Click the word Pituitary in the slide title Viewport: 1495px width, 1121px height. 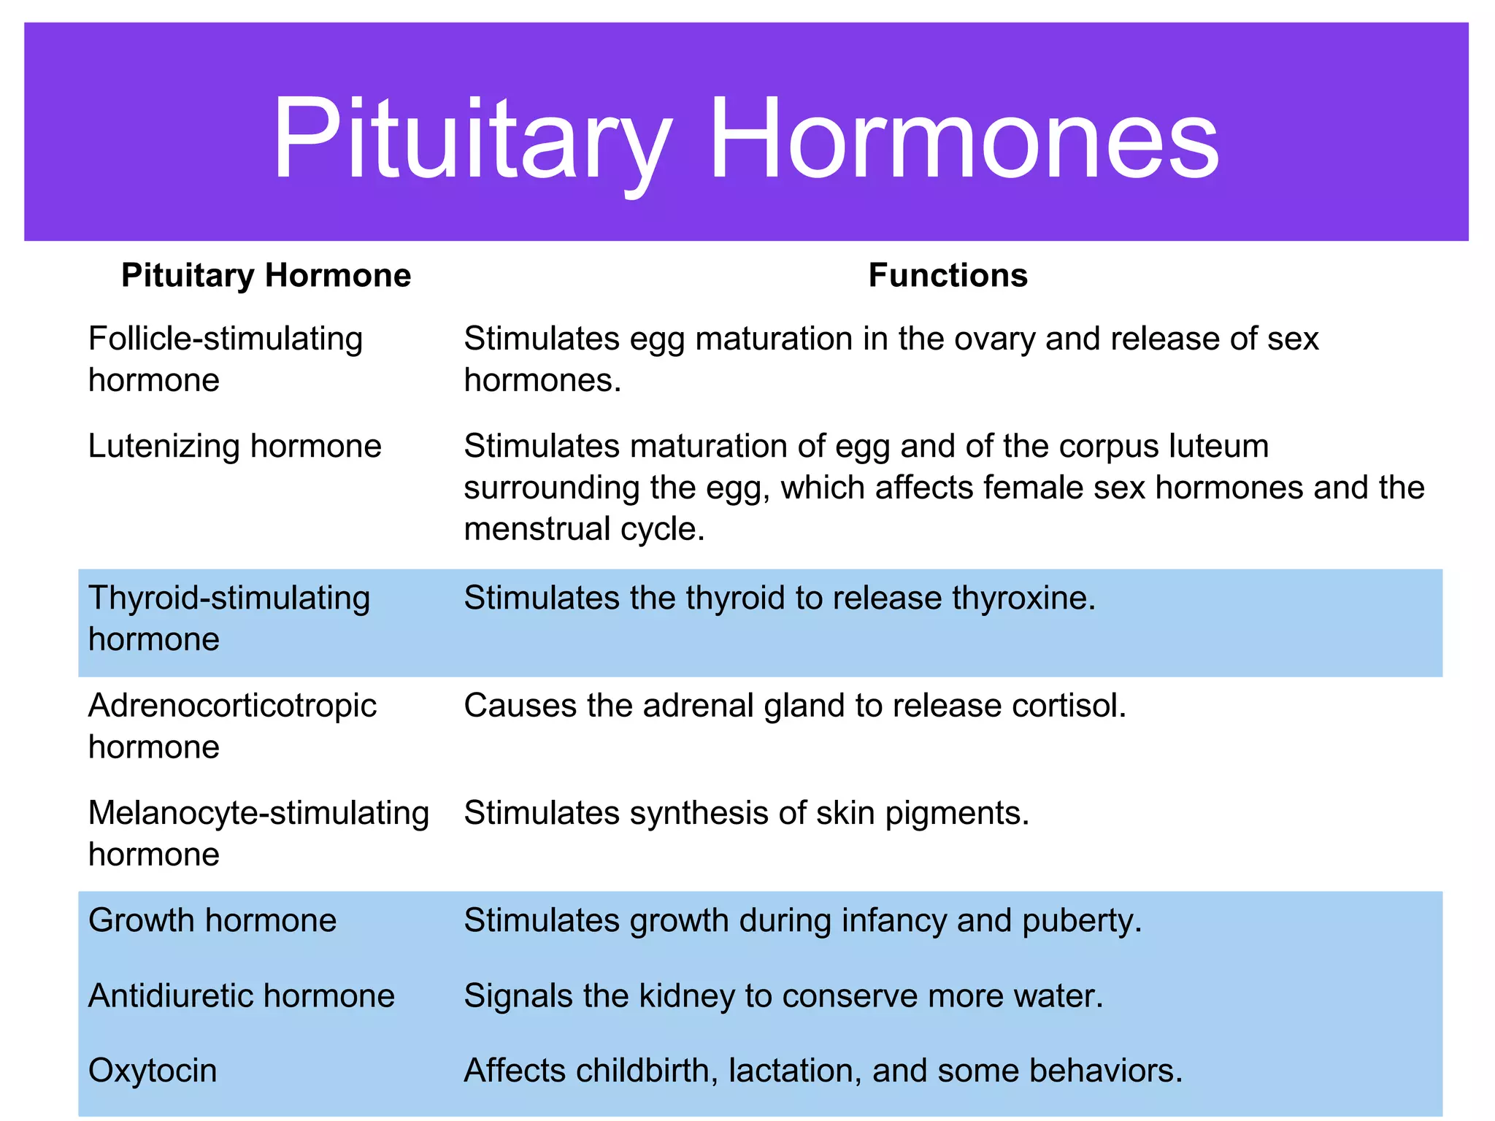pyautogui.click(x=471, y=139)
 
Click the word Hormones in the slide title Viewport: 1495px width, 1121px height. pyautogui.click(x=964, y=139)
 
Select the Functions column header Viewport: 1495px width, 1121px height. pyautogui.click(x=948, y=276)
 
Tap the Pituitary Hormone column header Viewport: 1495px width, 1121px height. pyautogui.click(x=266, y=276)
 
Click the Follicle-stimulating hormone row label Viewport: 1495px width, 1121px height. pyautogui.click(x=225, y=359)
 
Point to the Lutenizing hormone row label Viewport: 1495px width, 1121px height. pyautogui.click(x=234, y=446)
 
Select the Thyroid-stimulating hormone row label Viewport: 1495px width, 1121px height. pyautogui.click(x=228, y=618)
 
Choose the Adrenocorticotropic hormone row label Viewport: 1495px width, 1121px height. pyautogui.click(x=232, y=725)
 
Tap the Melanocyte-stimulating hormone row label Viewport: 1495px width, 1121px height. pyautogui.click(x=258, y=833)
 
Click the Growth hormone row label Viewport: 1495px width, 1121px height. pyautogui.click(x=212, y=920)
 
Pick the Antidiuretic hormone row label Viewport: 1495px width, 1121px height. pyautogui.click(x=241, y=995)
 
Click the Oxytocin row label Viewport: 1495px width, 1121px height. pyautogui.click(x=153, y=1071)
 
